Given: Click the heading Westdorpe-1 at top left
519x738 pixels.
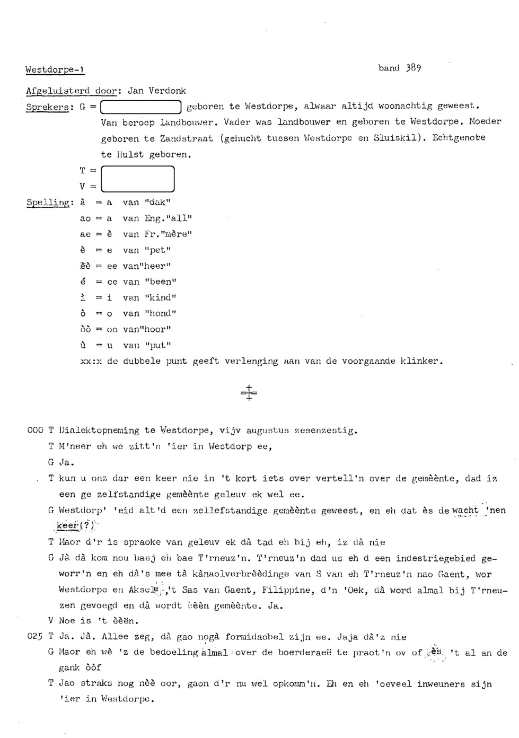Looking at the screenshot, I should (x=55, y=69).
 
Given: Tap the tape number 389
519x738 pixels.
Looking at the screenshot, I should (x=413, y=68).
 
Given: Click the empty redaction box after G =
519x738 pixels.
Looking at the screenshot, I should (x=142, y=107).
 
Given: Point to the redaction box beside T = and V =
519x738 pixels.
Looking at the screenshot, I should (x=137, y=179).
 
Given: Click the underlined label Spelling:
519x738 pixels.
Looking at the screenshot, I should (x=49, y=203).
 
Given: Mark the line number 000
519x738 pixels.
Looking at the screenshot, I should (x=35, y=430).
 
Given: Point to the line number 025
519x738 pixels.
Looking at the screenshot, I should (x=35, y=637).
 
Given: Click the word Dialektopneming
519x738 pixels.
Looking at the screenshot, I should (x=100, y=430).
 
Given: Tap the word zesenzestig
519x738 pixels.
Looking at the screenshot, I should (x=326, y=430).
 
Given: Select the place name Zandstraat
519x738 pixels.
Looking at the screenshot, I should (x=186, y=138).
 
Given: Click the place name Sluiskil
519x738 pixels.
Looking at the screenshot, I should (x=397, y=138).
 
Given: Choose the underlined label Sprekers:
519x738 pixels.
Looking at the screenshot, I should (x=48, y=107).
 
